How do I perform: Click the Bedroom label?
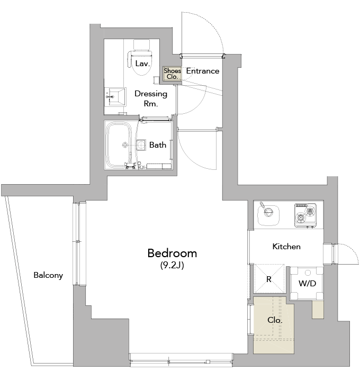point(172,253)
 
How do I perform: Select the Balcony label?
point(48,275)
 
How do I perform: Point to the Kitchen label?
point(286,247)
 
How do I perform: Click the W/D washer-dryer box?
point(307,283)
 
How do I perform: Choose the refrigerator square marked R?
point(269,278)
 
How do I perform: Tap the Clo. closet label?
point(274,321)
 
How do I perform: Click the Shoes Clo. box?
point(172,74)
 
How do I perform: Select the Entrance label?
point(202,71)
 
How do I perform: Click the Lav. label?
point(142,63)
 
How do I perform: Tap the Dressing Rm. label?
point(151,98)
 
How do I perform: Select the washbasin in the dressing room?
point(116,97)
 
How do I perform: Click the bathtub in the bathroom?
point(120,144)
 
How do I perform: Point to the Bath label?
point(158,144)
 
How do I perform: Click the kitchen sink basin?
point(267,215)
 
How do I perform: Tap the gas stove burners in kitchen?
point(305,214)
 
